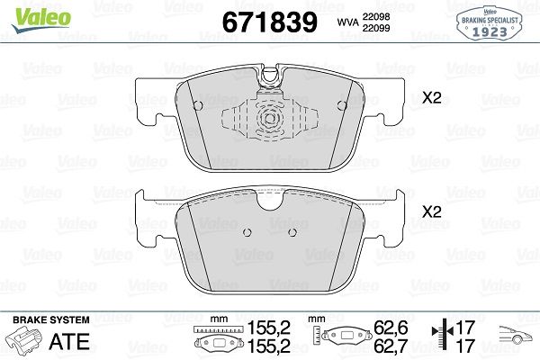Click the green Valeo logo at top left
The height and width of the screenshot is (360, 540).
click(x=41, y=20)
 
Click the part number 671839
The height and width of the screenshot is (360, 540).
click(x=270, y=22)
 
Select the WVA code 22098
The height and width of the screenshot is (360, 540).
click(x=375, y=16)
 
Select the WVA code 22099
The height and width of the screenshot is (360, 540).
click(x=375, y=28)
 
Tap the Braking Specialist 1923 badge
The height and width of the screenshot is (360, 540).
click(x=490, y=24)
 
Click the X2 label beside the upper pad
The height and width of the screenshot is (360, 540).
click(x=432, y=98)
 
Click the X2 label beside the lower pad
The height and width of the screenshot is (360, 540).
click(x=432, y=211)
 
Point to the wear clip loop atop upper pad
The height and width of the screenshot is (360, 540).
click(x=270, y=75)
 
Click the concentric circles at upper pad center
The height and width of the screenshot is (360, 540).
click(x=270, y=119)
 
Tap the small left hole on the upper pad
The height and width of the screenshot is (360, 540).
click(x=198, y=105)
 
